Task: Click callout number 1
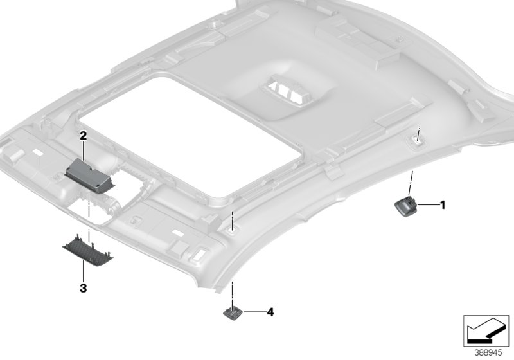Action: (x=443, y=205)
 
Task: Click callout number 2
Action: (x=84, y=136)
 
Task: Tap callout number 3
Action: (x=84, y=288)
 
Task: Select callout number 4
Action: (x=270, y=312)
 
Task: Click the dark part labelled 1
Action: (x=405, y=206)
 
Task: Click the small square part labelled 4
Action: (x=233, y=312)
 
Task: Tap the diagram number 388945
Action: (x=488, y=353)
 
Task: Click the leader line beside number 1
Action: (x=428, y=204)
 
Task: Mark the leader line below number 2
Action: (x=84, y=150)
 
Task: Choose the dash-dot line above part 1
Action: (x=411, y=184)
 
